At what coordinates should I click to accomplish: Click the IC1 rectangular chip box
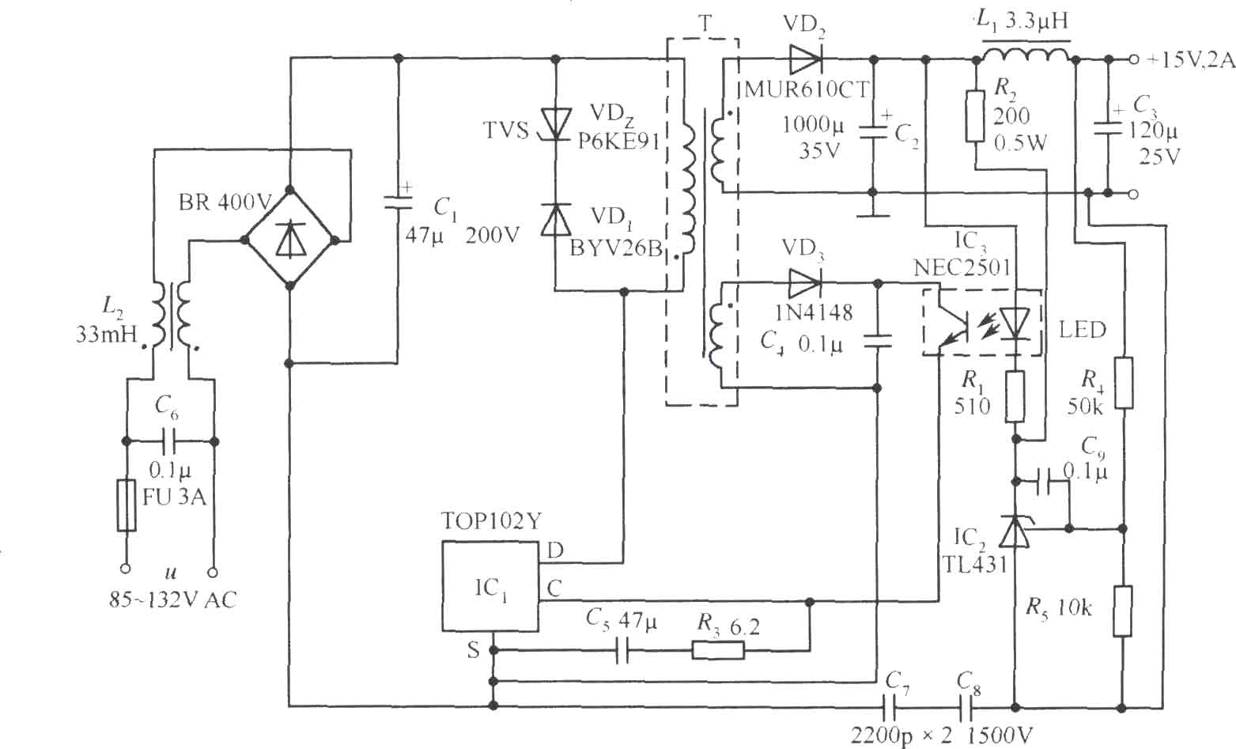[x=490, y=585]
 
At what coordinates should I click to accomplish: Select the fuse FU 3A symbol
[x=127, y=505]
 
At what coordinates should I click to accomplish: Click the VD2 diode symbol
[x=805, y=59]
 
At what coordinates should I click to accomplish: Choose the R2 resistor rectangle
[x=975, y=116]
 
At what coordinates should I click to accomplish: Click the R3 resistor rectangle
[x=718, y=651]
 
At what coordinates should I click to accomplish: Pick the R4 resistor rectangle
[x=1124, y=383]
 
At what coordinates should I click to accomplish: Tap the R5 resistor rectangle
[x=1122, y=611]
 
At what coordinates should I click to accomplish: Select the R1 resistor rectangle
[x=1015, y=397]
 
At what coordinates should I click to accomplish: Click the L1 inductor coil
[x=1026, y=55]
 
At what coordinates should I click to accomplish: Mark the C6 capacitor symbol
[x=170, y=441]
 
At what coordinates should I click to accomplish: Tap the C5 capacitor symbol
[x=622, y=651]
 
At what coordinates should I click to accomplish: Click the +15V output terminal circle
[x=1133, y=59]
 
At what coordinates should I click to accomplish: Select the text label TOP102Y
[x=492, y=520]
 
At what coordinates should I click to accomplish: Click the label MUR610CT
[x=806, y=89]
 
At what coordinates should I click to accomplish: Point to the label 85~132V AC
[x=172, y=600]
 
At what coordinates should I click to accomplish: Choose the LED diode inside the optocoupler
[x=1015, y=323]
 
